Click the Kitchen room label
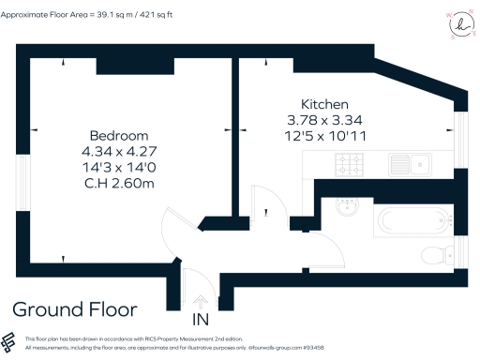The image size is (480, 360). point(324,104)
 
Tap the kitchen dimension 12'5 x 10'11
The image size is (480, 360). point(324,134)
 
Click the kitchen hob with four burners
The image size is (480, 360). point(350,165)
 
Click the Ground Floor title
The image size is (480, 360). point(75,309)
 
